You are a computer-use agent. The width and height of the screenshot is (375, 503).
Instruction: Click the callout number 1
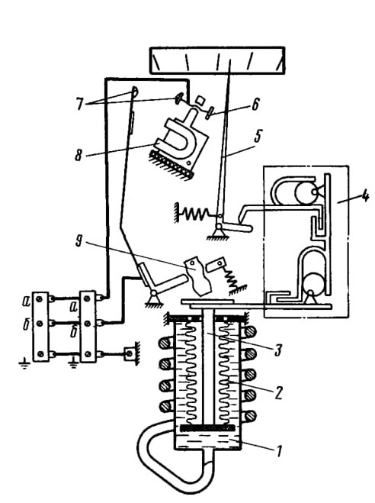pos(279,451)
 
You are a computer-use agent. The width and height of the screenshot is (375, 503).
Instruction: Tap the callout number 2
pos(278,392)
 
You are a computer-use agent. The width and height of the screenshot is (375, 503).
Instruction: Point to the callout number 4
pos(364,195)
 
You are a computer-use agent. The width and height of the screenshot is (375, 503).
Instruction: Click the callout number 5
pos(258,136)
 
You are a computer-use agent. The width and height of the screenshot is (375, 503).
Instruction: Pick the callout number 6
pos(255,105)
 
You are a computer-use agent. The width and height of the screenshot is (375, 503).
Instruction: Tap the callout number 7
pos(79,105)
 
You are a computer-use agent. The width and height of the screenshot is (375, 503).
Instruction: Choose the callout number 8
pos(79,155)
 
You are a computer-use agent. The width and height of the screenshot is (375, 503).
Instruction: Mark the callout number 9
pos(79,241)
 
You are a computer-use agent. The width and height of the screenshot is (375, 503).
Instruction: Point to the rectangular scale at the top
pos(217,60)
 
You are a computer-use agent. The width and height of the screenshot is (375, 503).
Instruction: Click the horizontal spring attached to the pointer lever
pos(196,213)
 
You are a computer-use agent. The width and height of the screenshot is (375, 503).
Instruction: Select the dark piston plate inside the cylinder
pos(208,427)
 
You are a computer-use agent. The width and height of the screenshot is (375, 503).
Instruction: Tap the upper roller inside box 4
pos(305,192)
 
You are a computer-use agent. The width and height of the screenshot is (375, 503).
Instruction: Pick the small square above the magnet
pos(200,100)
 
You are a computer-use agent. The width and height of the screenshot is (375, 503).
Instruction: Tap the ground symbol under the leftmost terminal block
pos(24,364)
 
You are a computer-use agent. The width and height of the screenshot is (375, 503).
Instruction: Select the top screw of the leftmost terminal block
pos(40,299)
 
